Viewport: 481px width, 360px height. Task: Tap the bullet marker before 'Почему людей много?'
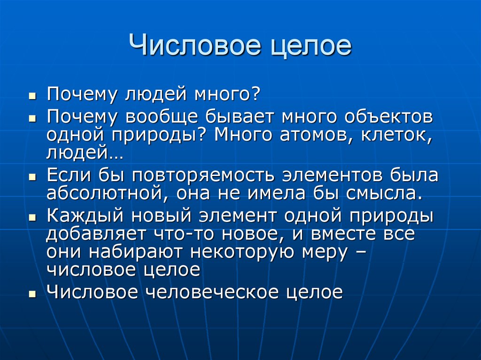click(x=32, y=96)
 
